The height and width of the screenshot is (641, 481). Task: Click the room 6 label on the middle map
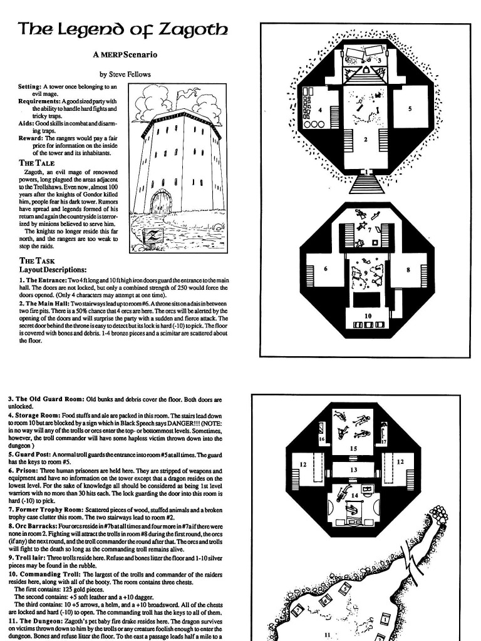[x=326, y=269]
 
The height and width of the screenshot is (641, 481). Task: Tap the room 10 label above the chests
[x=367, y=316]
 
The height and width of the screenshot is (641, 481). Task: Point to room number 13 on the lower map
[x=353, y=469]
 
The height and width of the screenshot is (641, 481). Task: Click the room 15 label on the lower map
[x=353, y=448]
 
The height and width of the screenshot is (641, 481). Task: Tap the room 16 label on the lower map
[x=322, y=440]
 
